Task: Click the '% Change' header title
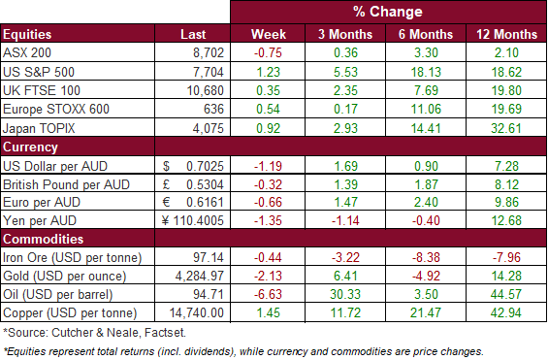click(388, 12)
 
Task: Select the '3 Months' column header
click(345, 34)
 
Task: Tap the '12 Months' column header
click(506, 34)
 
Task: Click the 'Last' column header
click(193, 34)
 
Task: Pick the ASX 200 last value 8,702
click(209, 52)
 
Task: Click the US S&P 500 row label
click(39, 72)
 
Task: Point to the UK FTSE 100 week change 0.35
click(268, 90)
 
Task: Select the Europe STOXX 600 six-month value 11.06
click(426, 109)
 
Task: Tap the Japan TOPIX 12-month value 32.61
click(506, 128)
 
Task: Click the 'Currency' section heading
click(30, 147)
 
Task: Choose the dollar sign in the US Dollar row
click(166, 166)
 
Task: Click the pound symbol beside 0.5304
click(167, 184)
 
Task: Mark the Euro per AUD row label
click(42, 203)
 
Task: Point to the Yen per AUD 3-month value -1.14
click(345, 221)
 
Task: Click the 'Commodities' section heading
click(44, 239)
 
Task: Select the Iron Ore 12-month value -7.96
click(506, 257)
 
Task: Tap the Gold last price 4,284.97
click(199, 277)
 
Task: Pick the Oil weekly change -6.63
click(268, 294)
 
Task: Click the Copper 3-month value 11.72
click(345, 312)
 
